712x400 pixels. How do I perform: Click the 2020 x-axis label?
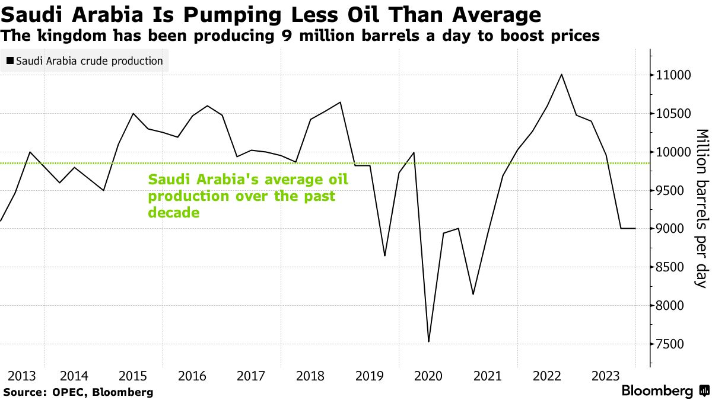pos(428,376)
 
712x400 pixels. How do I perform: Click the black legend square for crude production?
pos(10,61)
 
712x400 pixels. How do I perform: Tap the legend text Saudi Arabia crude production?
pos(89,61)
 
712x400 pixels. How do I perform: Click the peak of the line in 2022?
pos(561,75)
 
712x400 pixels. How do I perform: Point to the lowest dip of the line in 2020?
pos(428,342)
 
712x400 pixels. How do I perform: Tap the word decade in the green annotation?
pos(173,212)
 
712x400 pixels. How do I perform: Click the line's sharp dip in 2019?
pos(385,255)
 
